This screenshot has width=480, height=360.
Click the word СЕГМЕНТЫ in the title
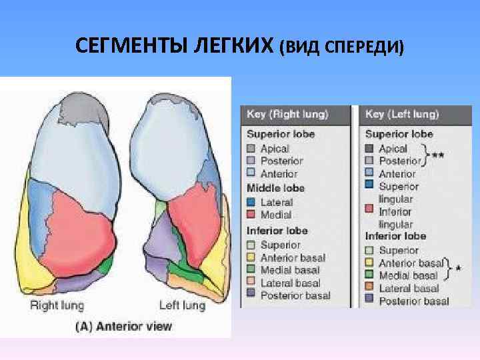(x=131, y=47)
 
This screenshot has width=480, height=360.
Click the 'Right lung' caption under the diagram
(x=57, y=305)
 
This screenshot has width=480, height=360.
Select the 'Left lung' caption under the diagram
(x=181, y=305)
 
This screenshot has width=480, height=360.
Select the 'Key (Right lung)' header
(x=287, y=115)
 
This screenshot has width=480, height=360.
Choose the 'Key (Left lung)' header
(x=402, y=115)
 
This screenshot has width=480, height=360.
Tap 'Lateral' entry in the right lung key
(x=277, y=202)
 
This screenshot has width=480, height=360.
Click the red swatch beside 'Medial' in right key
(x=251, y=214)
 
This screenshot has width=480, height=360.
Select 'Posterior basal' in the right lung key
(x=295, y=295)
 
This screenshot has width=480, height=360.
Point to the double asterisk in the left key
(x=438, y=155)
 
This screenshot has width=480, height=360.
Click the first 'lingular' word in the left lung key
(x=396, y=199)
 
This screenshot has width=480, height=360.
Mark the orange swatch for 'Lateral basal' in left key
(x=369, y=289)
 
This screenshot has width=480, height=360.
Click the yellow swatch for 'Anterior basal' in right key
(x=251, y=257)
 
